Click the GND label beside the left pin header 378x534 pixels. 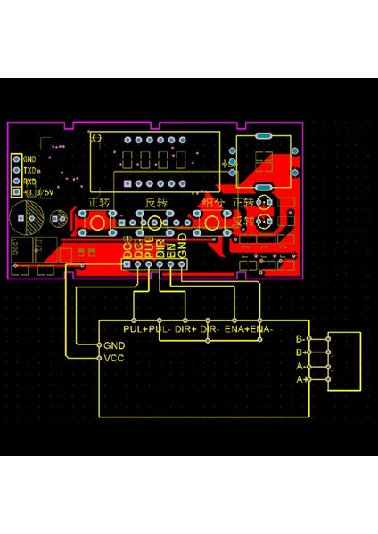pos(30,158)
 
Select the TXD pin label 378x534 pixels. pos(30,169)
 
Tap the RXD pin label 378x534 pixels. pos(30,180)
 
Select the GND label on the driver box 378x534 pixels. pos(114,345)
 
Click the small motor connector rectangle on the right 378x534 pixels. pos(345,360)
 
